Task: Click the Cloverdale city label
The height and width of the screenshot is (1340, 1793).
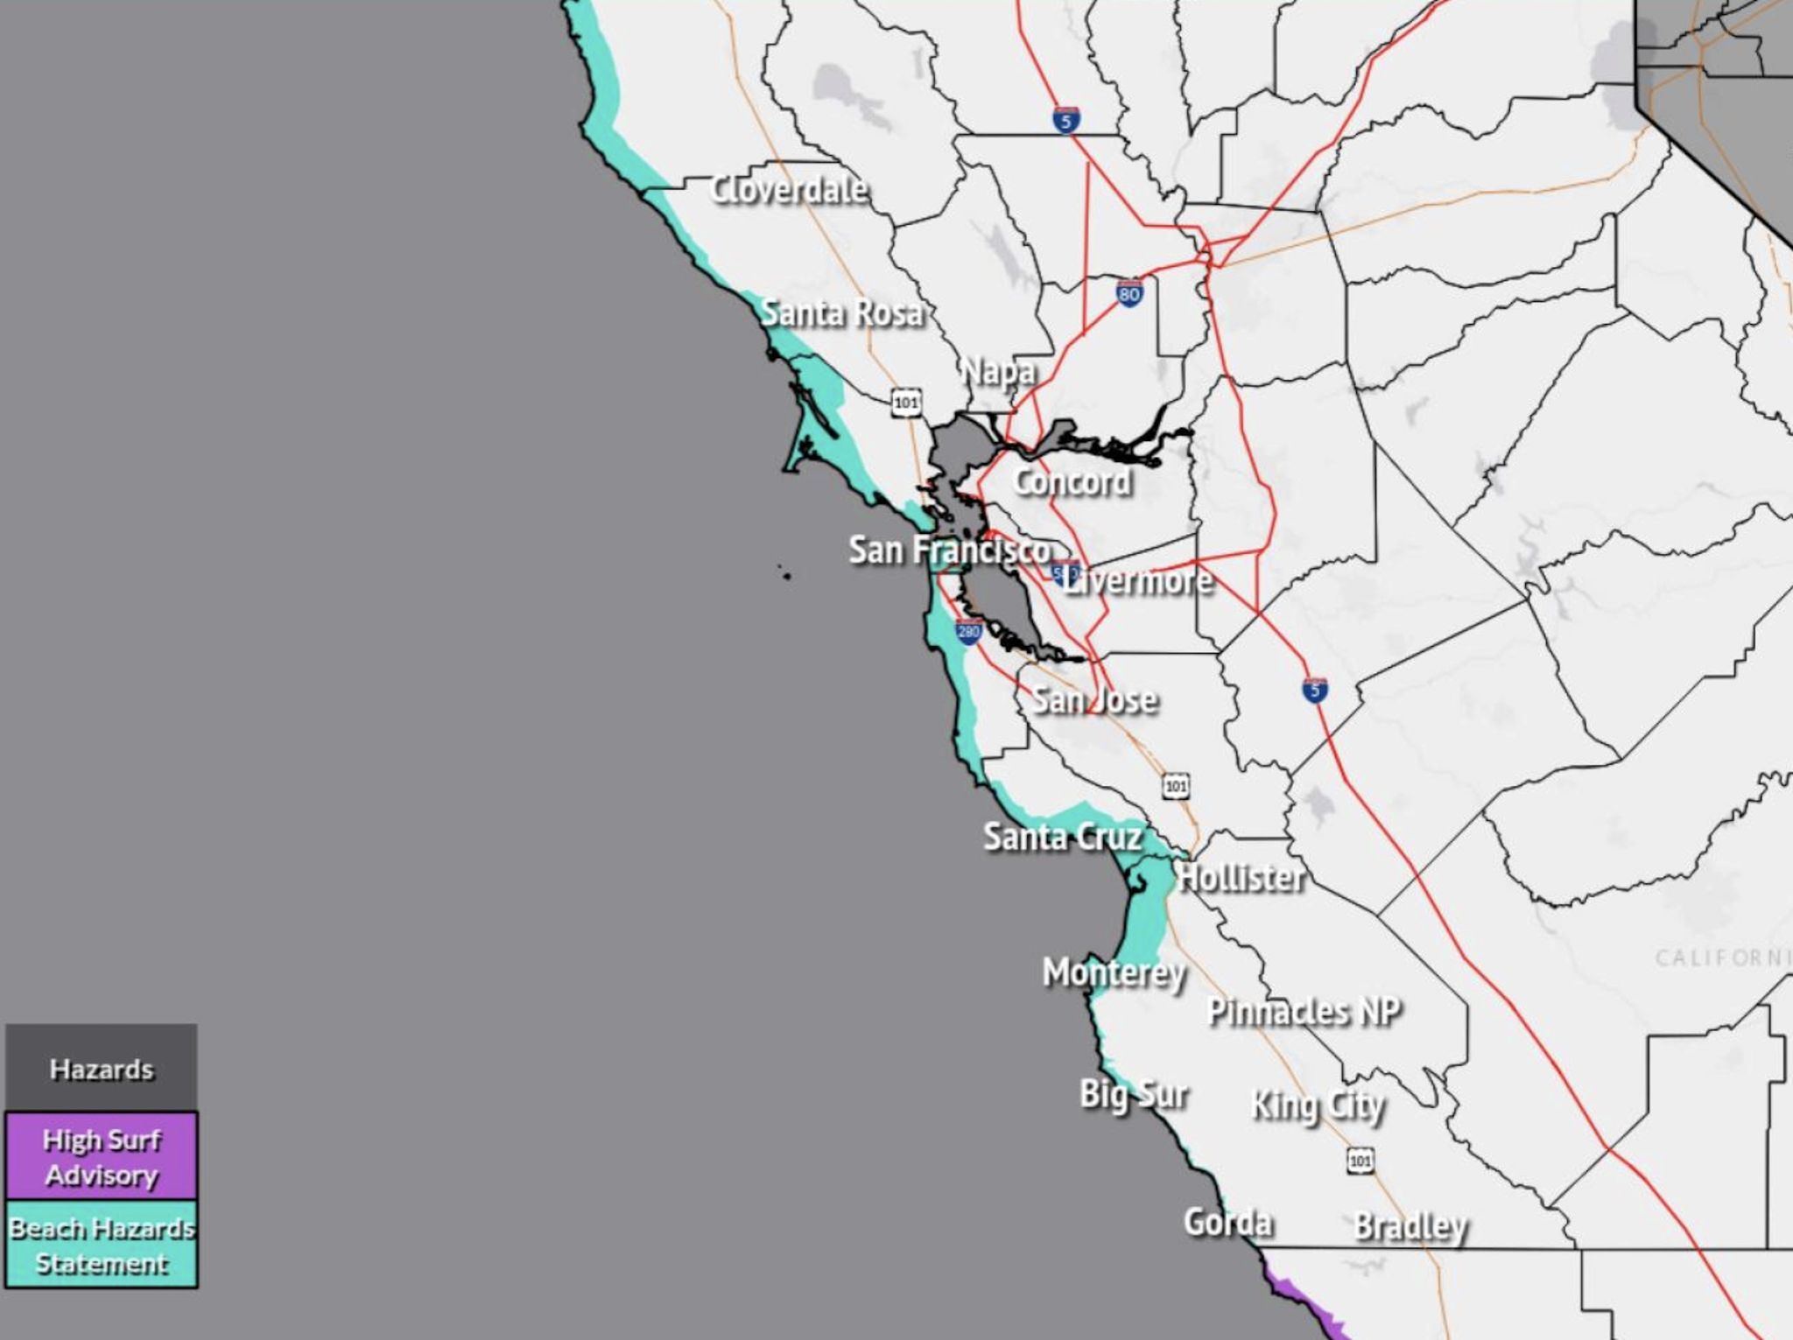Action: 789,189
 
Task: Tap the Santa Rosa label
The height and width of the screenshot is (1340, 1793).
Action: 841,312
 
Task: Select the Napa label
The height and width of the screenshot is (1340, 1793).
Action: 998,372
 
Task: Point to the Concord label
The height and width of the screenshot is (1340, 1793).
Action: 1072,481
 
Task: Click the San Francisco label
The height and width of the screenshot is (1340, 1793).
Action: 949,551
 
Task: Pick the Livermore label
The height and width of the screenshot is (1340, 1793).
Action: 1138,580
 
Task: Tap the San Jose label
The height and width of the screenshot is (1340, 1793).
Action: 1094,699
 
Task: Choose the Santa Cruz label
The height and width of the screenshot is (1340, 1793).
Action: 1063,837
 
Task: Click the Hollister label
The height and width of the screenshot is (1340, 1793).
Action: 1241,877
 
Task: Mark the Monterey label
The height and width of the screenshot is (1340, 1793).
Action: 1114,972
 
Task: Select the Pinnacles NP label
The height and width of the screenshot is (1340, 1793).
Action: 1304,1012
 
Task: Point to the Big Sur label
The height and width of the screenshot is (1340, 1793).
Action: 1133,1094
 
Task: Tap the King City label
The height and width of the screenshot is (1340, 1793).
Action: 1318,1106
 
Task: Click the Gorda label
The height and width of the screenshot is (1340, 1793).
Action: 1227,1222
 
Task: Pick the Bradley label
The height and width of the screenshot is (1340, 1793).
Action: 1410,1226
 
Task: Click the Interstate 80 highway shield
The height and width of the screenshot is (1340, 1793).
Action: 1129,293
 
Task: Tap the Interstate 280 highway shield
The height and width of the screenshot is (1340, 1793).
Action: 968,631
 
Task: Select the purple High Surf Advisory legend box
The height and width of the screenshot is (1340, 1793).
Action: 102,1156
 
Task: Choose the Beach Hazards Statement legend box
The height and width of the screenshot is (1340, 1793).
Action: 102,1245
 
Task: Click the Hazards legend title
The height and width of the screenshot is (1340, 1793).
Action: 102,1069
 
